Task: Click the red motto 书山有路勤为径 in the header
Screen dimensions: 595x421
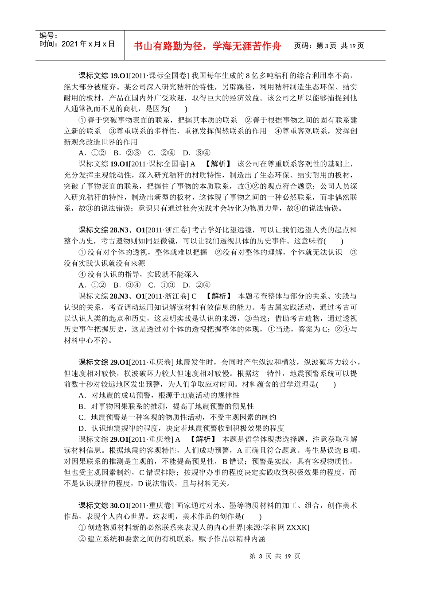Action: [x=207, y=46]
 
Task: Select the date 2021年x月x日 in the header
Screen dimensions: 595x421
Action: [x=78, y=44]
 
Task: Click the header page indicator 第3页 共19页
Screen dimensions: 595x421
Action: [x=329, y=46]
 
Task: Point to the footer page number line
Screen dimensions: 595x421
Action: [x=275, y=556]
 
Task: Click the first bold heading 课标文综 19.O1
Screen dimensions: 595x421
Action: [x=103, y=76]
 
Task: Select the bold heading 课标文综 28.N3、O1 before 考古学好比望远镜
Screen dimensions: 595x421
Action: [x=112, y=230]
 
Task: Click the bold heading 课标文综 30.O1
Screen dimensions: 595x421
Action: [x=103, y=506]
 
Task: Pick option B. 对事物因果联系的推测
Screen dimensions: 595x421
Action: [x=166, y=406]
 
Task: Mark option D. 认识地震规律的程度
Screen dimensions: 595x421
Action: [x=181, y=429]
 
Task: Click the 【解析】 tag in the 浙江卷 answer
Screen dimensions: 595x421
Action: [x=219, y=296]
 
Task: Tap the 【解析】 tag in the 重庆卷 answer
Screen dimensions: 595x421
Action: [x=203, y=440]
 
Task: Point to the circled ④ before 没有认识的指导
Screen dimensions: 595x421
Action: [x=82, y=274]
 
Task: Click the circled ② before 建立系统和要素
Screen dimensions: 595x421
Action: [x=82, y=539]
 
